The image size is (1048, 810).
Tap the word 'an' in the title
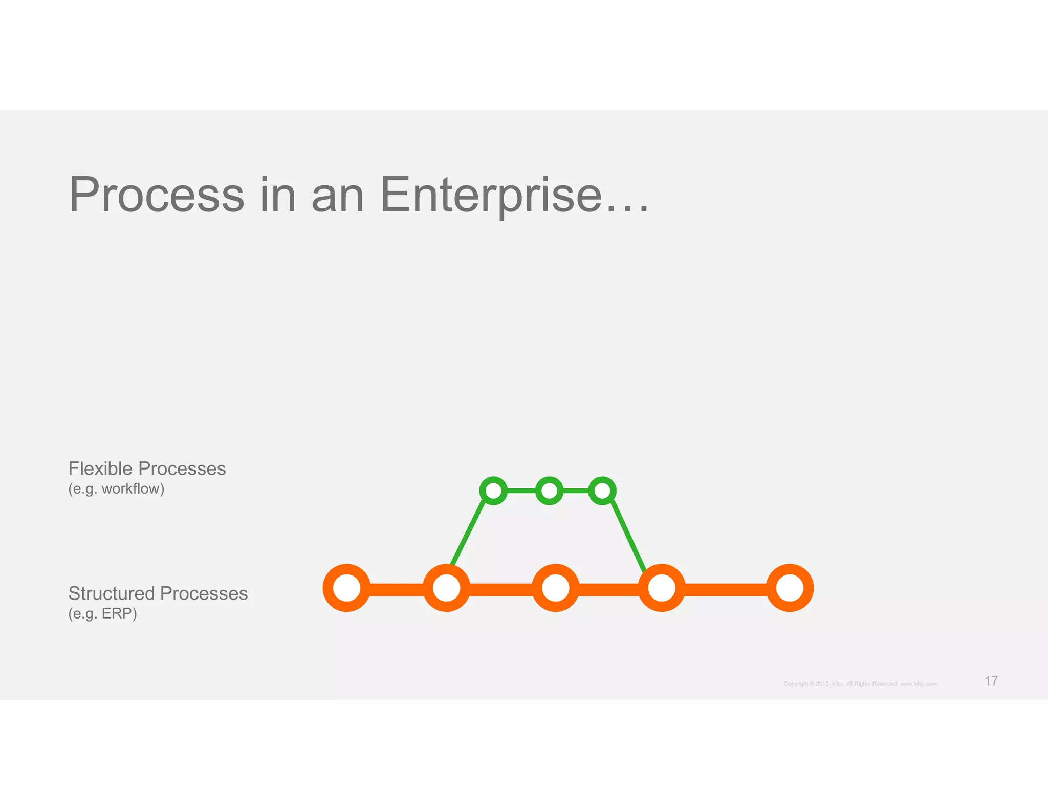(x=338, y=196)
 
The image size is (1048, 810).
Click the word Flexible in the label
(x=100, y=468)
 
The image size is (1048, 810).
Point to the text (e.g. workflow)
(x=116, y=489)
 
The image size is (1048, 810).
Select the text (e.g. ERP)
(x=102, y=613)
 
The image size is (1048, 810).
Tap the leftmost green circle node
(x=494, y=491)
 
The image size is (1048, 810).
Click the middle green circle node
(x=549, y=491)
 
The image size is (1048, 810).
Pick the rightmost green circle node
(x=602, y=491)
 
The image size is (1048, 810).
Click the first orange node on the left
(x=346, y=588)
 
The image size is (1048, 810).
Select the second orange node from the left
(x=446, y=588)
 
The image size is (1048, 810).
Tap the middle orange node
(x=555, y=588)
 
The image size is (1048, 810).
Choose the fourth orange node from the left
(x=662, y=588)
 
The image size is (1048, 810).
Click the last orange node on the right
(x=790, y=588)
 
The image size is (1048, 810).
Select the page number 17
(x=991, y=680)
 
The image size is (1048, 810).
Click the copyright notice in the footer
(x=860, y=684)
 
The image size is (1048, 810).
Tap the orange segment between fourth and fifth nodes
(x=726, y=589)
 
